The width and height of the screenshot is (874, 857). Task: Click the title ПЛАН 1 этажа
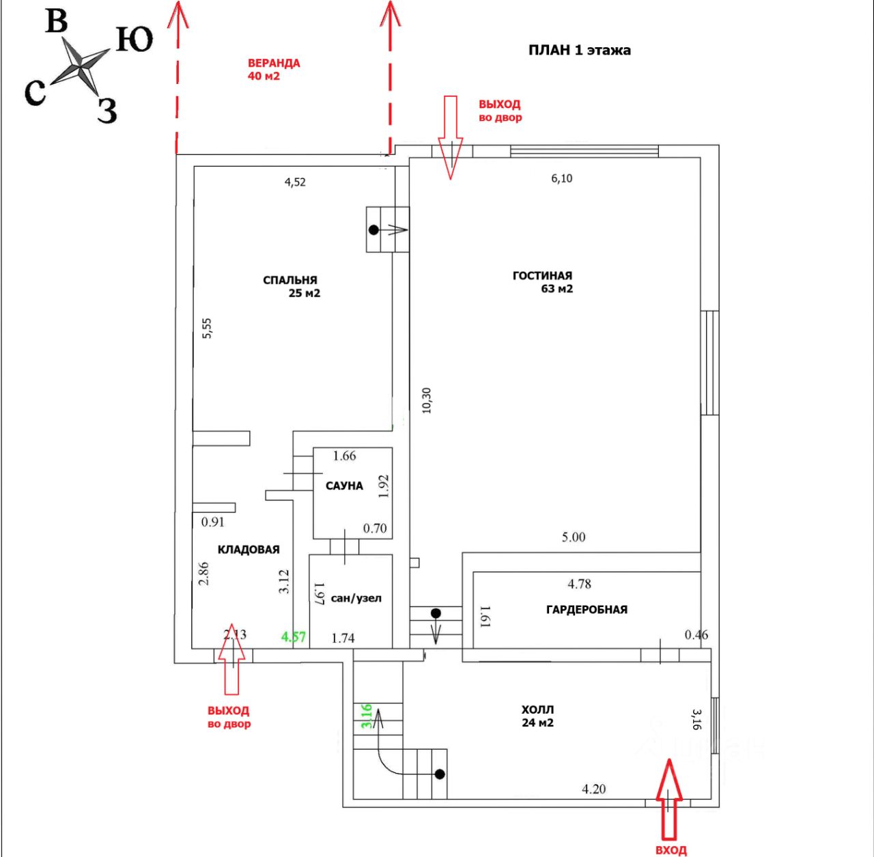coord(579,50)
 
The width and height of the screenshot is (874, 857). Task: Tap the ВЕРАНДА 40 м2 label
coord(274,70)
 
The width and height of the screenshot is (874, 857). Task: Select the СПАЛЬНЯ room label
coord(290,280)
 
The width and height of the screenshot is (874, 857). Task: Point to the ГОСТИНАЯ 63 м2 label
coord(542,282)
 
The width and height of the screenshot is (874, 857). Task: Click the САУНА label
coord(344,486)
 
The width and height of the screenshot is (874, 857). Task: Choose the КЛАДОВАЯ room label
coord(249,550)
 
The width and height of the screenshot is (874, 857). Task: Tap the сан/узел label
coord(356,598)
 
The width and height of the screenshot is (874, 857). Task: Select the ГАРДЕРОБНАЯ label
coord(587,609)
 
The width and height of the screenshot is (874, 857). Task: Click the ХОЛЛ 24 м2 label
coord(537,716)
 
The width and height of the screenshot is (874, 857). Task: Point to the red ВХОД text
coord(671,849)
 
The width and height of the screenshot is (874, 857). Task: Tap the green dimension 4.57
coord(294,637)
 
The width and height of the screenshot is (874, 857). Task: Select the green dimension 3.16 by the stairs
coord(367,716)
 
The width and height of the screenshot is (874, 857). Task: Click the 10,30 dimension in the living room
coord(426,400)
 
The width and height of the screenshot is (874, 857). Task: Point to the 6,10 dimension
coord(561,178)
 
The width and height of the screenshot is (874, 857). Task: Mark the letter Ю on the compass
coord(135,39)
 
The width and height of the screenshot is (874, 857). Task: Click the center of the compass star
coord(81,68)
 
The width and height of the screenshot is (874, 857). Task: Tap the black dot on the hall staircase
coord(440,774)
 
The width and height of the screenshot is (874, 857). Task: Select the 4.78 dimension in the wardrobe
coord(579,584)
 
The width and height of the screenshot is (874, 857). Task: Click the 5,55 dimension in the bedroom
coord(207,328)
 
